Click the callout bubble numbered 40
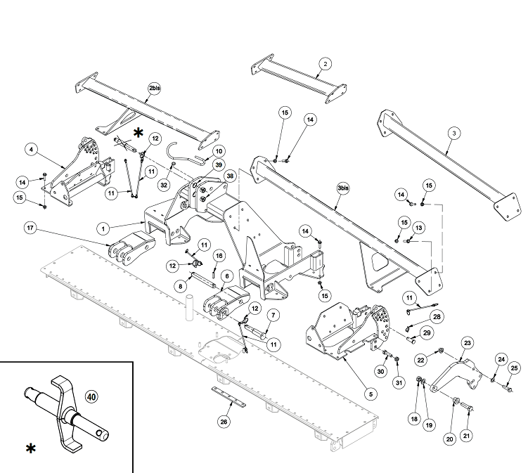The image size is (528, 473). [x=91, y=397]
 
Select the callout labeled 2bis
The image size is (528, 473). [x=154, y=88]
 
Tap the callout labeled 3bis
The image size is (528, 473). [x=343, y=188]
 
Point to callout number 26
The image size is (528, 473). [x=224, y=422]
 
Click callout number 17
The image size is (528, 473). [x=30, y=228]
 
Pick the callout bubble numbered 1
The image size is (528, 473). [x=103, y=229]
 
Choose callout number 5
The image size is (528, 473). [x=371, y=394]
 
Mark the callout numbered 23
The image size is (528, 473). [x=468, y=343]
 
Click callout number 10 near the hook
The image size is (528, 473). [x=219, y=151]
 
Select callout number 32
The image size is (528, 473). [x=164, y=185]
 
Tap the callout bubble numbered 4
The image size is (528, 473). [x=32, y=149]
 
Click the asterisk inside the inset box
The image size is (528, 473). [x=31, y=448]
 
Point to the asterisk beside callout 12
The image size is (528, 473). [x=138, y=133]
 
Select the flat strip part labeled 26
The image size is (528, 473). [x=228, y=396]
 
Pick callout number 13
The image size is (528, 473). [x=418, y=228]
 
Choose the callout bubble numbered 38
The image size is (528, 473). [x=230, y=176]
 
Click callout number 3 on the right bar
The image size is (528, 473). [x=454, y=134]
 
